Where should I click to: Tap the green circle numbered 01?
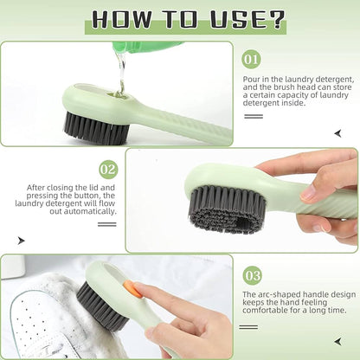coord(252,60)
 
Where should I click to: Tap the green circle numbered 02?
coord(108,169)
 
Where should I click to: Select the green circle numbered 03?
coord(252,275)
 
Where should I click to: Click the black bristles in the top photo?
coord(95,128)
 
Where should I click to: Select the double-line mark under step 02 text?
coord(106,224)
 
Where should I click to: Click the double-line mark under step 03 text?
coord(252,326)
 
